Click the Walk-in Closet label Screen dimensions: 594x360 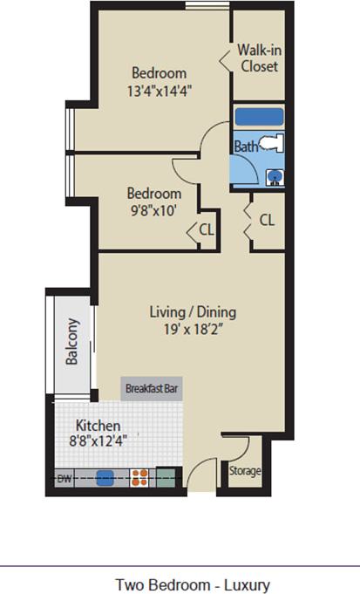[x=260, y=58]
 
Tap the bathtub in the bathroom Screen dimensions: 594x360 [x=260, y=117]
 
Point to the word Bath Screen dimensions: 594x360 [x=246, y=147]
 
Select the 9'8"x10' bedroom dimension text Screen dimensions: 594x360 [x=154, y=209]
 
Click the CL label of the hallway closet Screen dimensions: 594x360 [x=267, y=220]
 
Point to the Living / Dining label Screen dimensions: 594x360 [x=192, y=311]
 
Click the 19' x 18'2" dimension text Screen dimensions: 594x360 [x=192, y=330]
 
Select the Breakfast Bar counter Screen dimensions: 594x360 [x=153, y=388]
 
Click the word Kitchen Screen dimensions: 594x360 [x=95, y=425]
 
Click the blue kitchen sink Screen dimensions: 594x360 [x=105, y=477]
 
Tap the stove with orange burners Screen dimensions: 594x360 [x=138, y=477]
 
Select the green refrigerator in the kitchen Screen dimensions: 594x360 [x=165, y=477]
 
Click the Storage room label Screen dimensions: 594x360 [x=245, y=472]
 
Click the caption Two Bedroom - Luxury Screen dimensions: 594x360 [x=193, y=584]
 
